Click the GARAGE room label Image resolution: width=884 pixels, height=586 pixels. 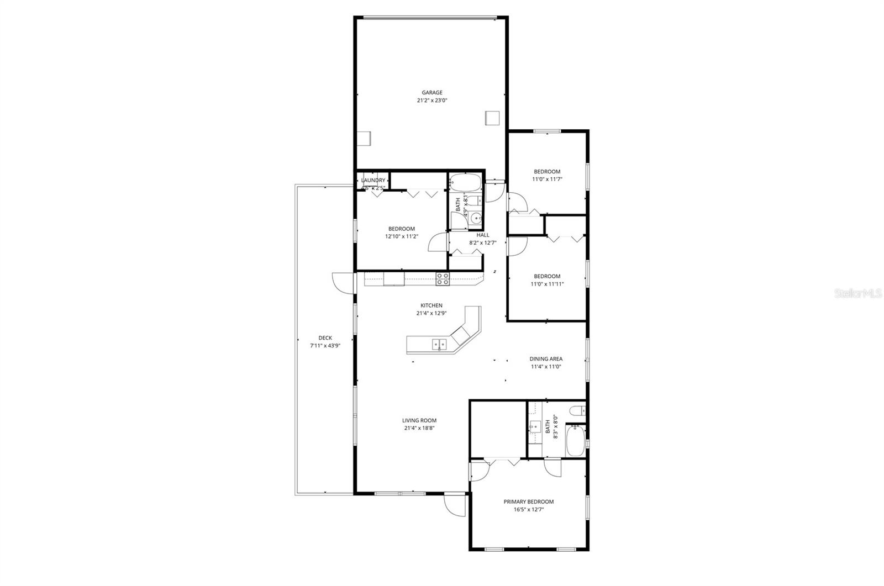[432, 93]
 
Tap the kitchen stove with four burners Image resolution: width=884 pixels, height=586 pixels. [443, 279]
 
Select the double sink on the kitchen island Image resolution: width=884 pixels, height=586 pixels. [439, 345]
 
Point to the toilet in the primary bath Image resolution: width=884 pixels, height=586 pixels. [576, 411]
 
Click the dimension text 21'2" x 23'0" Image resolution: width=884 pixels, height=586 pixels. [432, 101]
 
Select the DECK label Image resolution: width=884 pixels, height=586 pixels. [325, 338]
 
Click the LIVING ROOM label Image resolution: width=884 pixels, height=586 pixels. [419, 420]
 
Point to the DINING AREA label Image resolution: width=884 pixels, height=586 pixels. [546, 359]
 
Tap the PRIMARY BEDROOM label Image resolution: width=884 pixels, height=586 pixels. [528, 502]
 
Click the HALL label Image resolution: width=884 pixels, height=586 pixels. [483, 235]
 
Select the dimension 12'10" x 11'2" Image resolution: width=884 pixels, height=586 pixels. [402, 236]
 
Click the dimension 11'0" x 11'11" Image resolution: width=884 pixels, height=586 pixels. [547, 284]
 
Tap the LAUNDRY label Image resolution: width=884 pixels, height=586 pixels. [373, 180]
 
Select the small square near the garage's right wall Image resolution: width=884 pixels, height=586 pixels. [492, 118]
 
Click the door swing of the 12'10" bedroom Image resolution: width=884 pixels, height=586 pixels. [436, 242]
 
